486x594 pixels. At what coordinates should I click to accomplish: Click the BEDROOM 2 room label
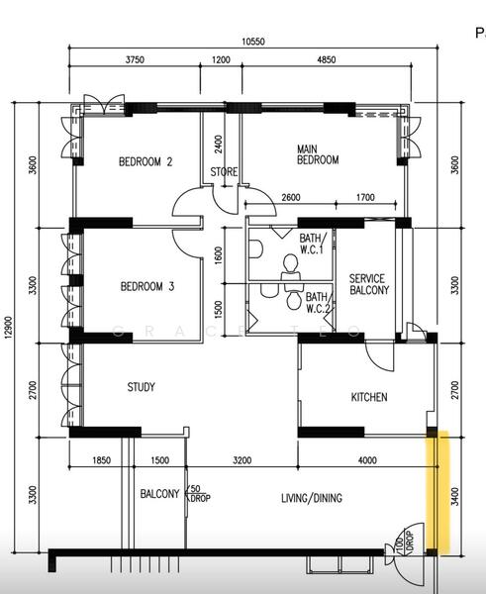tap(146, 162)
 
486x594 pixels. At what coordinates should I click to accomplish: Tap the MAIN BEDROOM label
tap(318, 154)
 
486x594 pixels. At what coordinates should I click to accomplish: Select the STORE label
tap(224, 172)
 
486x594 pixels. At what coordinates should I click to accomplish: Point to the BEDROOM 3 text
tap(147, 287)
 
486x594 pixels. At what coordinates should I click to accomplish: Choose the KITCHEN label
tap(369, 398)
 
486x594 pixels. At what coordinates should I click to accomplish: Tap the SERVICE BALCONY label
tap(369, 285)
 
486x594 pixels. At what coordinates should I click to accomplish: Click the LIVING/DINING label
tap(312, 498)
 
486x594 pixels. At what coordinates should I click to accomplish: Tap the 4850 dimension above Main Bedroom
tap(326, 60)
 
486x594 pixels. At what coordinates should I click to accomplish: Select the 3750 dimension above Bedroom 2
tap(135, 60)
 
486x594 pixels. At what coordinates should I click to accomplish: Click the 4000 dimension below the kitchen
tap(366, 460)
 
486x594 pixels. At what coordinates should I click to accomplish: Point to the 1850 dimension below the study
tap(100, 460)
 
